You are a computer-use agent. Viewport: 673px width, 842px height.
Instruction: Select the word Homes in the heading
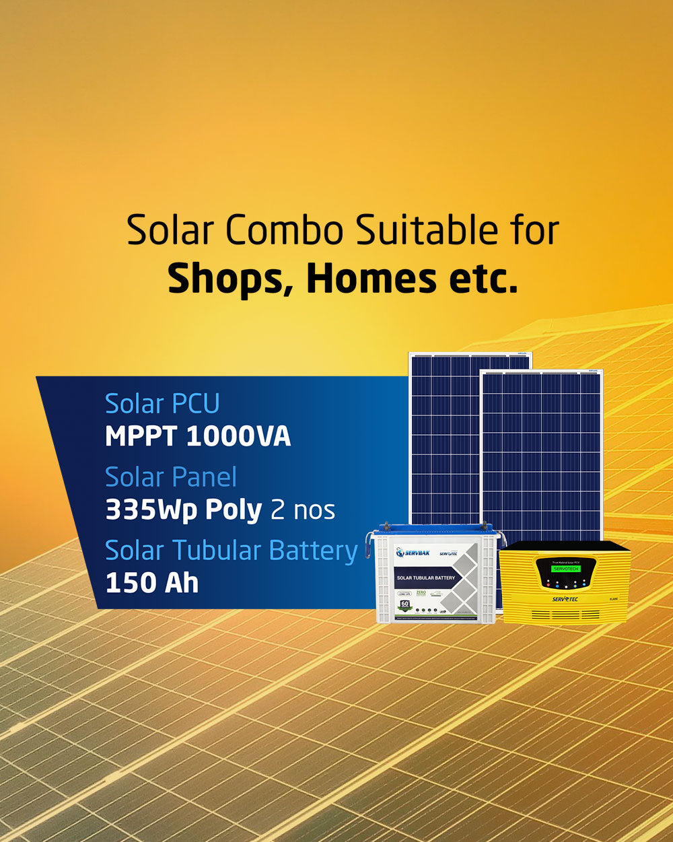(371, 279)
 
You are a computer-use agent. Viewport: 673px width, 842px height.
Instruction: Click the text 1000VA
(238, 437)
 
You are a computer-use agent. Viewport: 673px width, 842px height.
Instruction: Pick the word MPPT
(141, 437)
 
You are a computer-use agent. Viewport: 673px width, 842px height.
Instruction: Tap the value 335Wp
(150, 510)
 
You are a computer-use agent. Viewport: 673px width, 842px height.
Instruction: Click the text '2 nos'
(302, 510)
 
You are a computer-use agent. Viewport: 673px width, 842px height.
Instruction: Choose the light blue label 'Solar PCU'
(162, 404)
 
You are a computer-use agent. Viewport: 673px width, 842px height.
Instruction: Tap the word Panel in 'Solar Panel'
(203, 477)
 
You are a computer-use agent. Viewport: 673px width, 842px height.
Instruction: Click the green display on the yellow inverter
(565, 569)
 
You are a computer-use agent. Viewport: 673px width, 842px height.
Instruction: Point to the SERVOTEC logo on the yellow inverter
(565, 599)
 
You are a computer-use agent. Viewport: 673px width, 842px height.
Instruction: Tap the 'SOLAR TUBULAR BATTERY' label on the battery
(425, 577)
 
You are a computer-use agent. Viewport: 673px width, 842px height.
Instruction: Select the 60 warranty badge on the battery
(405, 605)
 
